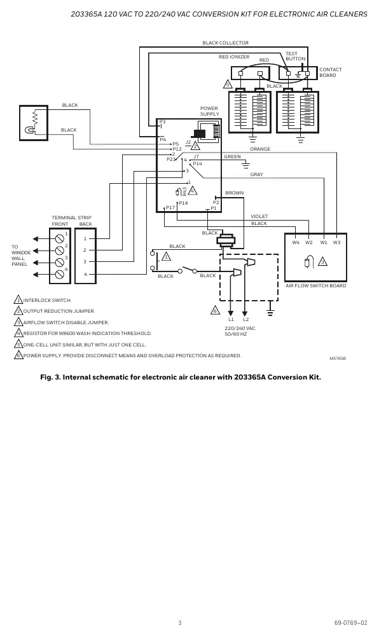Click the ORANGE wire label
click(260, 149)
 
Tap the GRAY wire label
click(256, 174)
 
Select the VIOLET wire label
click(259, 217)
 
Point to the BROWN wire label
click(235, 193)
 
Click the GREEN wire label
click(232, 156)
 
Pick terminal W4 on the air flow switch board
click(296, 243)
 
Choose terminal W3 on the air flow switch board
click(337, 243)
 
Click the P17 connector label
click(170, 207)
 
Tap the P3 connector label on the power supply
click(163, 122)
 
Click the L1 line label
click(231, 319)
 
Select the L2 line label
click(245, 319)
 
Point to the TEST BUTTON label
click(295, 56)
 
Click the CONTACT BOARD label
click(330, 72)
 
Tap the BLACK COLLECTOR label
click(226, 43)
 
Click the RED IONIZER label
click(234, 57)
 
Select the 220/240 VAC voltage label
click(240, 328)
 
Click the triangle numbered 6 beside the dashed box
click(215, 310)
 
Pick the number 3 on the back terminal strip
click(85, 262)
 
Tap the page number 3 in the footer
click(180, 622)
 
